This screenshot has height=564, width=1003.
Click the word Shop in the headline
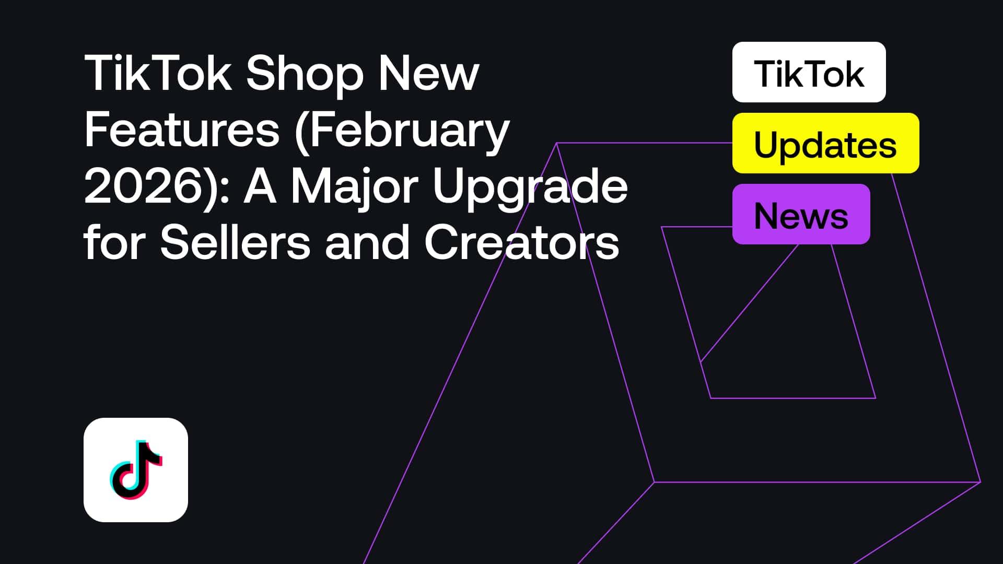click(x=305, y=75)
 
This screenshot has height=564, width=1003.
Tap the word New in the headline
click(x=428, y=74)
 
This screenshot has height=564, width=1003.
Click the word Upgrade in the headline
click(x=530, y=187)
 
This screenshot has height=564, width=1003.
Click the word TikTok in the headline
click(x=158, y=74)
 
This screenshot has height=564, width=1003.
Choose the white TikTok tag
click(x=809, y=73)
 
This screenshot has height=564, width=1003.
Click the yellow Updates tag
click(x=825, y=144)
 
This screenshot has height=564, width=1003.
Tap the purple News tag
click(x=801, y=215)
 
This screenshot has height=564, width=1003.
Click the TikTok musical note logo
click(x=136, y=469)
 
